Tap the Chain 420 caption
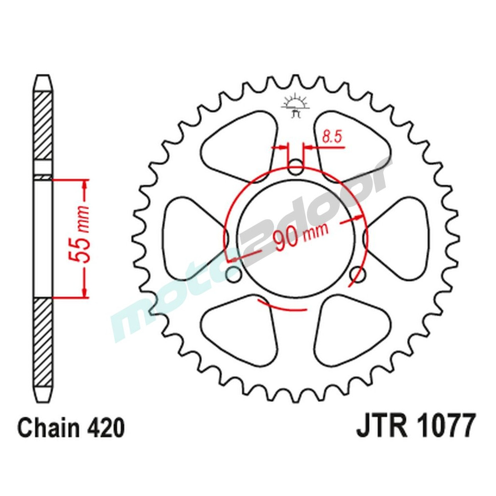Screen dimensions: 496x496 click(71, 428)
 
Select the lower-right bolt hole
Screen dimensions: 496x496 click(358, 273)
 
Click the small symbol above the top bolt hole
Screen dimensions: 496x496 click(296, 105)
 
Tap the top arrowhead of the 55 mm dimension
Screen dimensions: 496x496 click(85, 185)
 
